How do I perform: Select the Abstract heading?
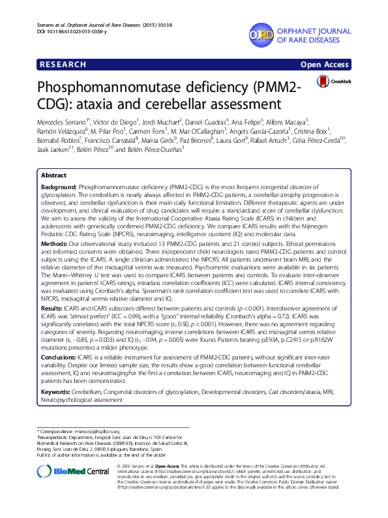53,176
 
